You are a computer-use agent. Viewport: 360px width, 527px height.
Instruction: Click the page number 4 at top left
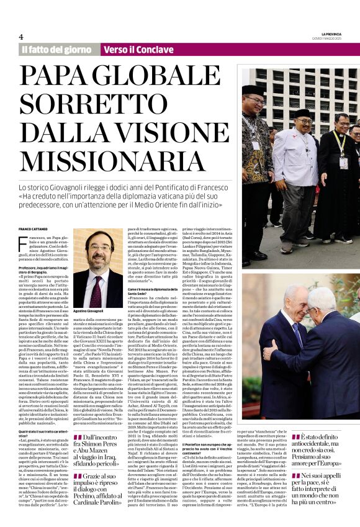click(21, 37)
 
